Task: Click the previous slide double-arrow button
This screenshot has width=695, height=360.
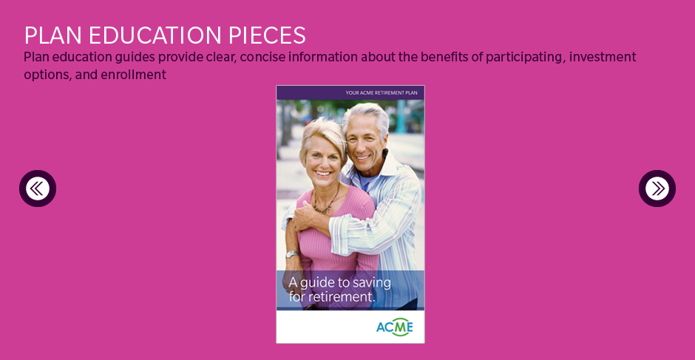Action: (38, 189)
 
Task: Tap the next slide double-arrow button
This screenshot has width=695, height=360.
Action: (657, 189)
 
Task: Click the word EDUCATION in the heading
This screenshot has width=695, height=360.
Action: (155, 35)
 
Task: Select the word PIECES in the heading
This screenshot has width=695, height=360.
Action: (268, 35)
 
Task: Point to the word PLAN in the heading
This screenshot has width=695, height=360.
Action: (52, 35)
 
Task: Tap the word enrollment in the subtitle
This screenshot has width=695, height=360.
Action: (133, 75)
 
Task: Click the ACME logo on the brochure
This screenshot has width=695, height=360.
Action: (395, 327)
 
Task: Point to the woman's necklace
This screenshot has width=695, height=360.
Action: (327, 202)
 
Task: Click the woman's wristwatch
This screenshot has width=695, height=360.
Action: (292, 254)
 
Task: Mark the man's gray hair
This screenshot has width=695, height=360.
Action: (366, 115)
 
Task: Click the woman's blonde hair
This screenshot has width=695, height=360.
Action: (322, 134)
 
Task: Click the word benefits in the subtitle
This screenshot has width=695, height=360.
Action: (444, 57)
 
